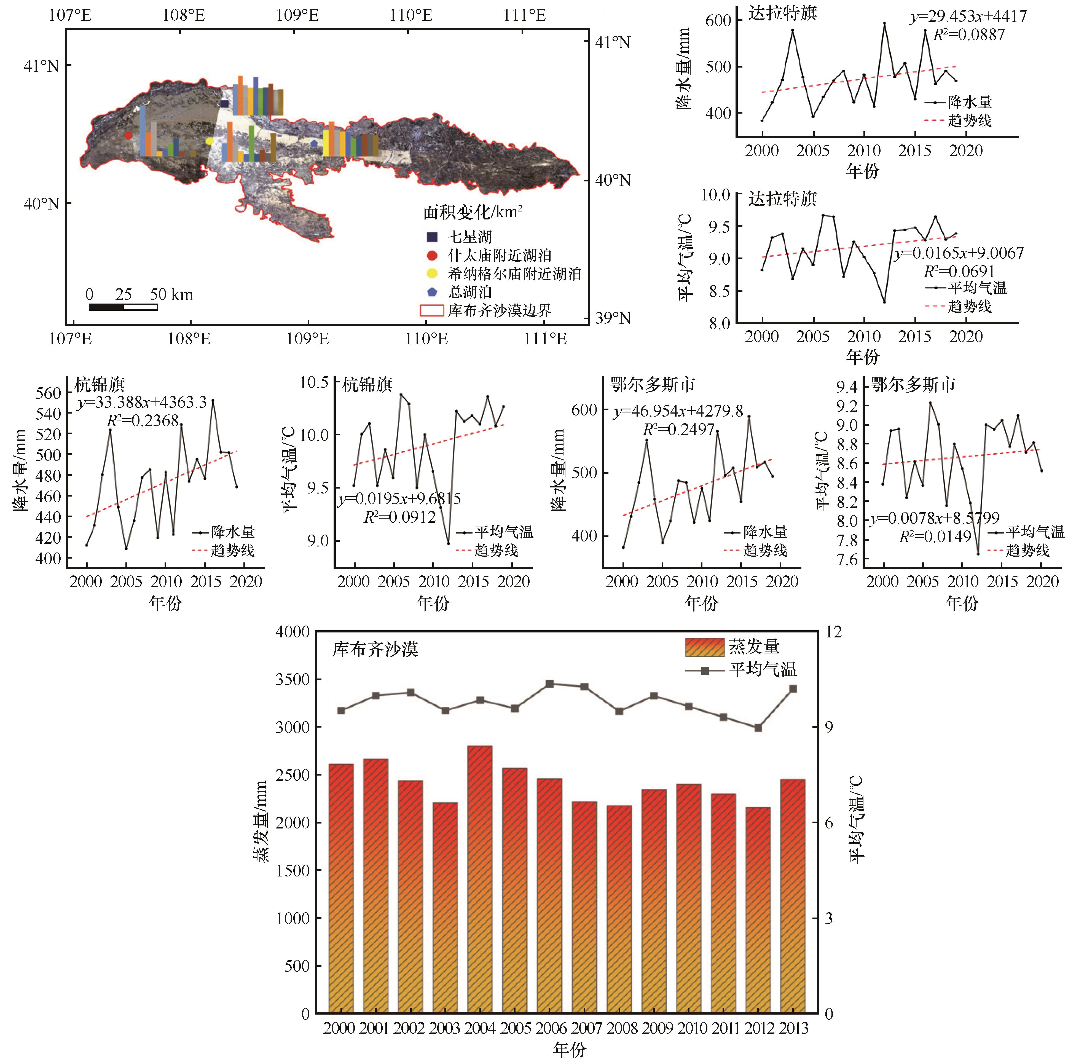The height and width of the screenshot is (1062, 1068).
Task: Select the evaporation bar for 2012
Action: coord(758,912)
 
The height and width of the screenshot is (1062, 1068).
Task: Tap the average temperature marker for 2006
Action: coord(549,684)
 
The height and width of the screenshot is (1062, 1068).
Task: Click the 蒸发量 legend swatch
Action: coord(704,647)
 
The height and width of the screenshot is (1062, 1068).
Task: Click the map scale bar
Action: coord(123,307)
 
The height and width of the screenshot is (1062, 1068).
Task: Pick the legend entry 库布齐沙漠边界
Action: coord(499,311)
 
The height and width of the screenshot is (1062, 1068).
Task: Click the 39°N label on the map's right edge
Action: coord(613,318)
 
